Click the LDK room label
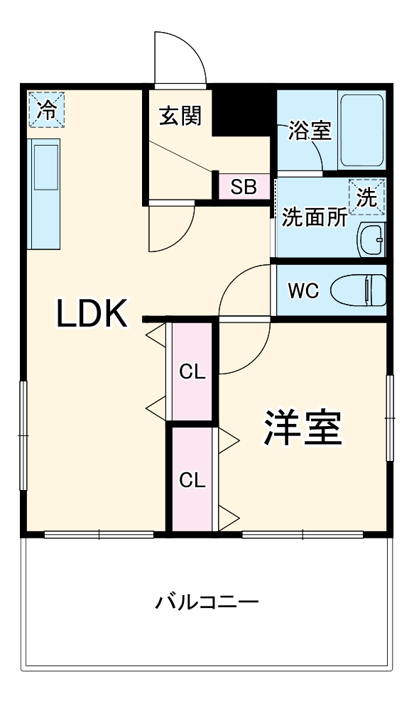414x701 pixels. click(92, 314)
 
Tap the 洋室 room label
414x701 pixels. click(305, 426)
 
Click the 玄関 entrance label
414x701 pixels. click(180, 115)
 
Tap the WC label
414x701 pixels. click(303, 290)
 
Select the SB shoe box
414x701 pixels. click(243, 188)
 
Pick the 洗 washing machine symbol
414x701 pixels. click(367, 197)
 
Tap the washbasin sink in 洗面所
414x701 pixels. click(371, 240)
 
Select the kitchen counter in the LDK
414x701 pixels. click(44, 193)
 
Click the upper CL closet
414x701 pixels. click(192, 371)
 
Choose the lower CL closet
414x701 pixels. click(192, 479)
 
